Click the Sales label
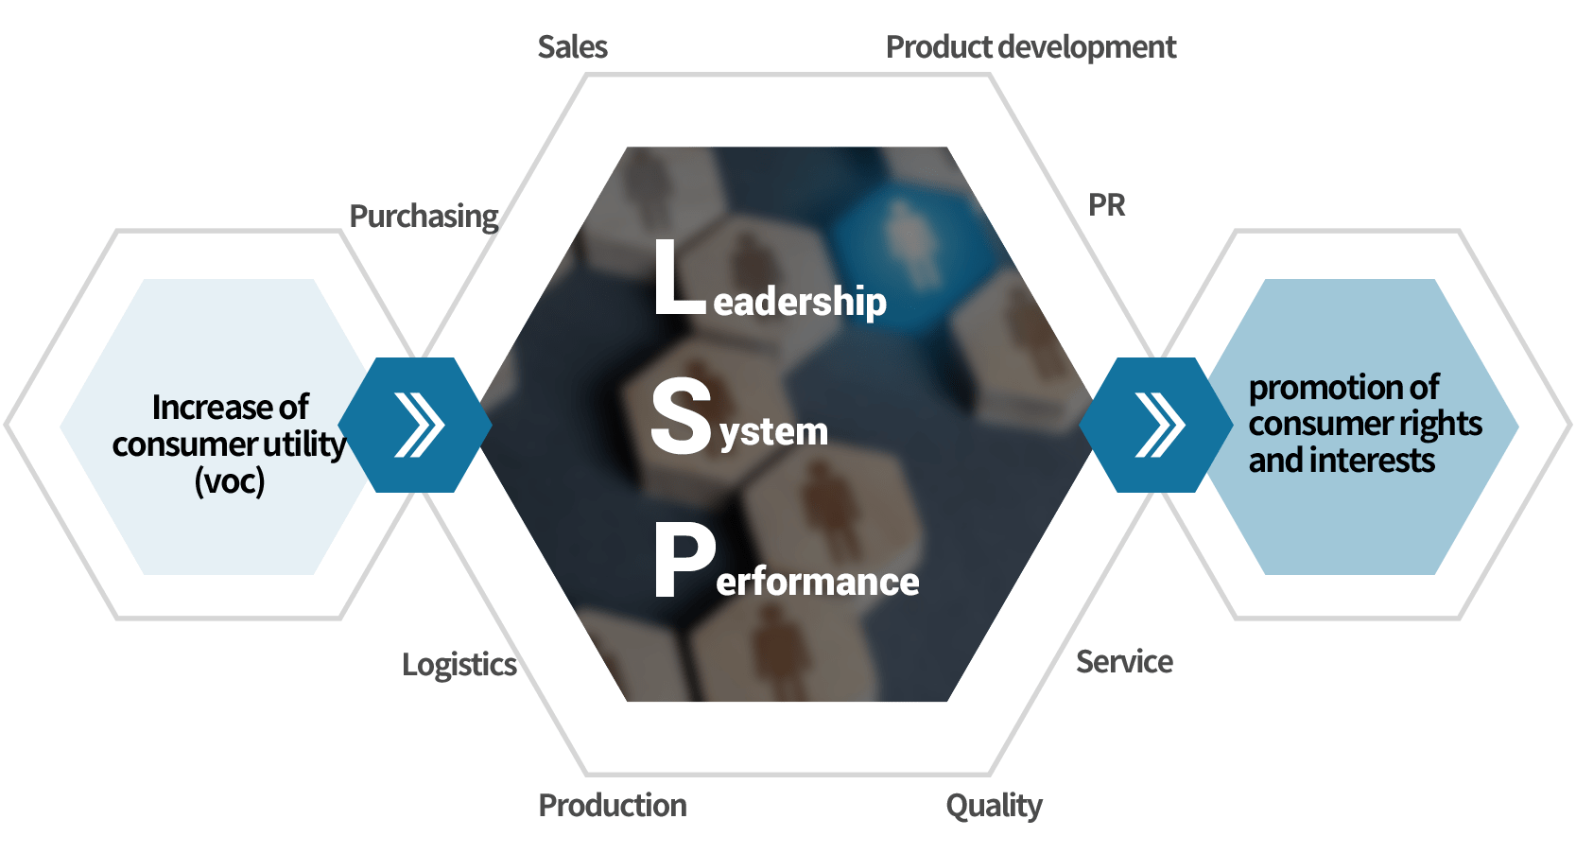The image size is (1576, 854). click(572, 47)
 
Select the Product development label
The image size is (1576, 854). click(1030, 47)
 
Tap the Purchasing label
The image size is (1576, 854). click(424, 217)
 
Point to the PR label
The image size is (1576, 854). click(1107, 205)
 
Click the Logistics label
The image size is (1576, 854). click(459, 665)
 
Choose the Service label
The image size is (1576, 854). click(1124, 662)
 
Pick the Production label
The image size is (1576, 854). click(613, 806)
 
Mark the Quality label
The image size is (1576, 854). click(994, 806)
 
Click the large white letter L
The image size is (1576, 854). click(679, 278)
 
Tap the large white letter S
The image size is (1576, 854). click(681, 416)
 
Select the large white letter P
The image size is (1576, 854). click(684, 562)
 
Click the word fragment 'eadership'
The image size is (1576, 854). click(800, 303)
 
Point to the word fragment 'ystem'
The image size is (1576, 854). click(774, 432)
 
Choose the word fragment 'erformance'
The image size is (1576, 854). click(818, 582)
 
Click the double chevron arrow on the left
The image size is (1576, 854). click(419, 426)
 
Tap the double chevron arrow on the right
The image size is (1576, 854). click(1159, 426)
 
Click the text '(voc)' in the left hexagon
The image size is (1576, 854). click(230, 481)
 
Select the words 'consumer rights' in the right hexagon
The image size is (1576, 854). click(1365, 425)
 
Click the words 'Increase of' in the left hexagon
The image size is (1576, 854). click(231, 408)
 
